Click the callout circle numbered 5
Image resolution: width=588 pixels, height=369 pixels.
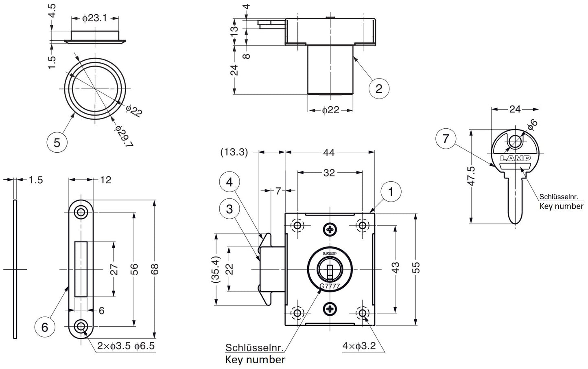click(57, 142)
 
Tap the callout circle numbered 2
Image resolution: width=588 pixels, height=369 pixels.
click(379, 88)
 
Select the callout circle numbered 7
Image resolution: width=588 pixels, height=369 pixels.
click(446, 139)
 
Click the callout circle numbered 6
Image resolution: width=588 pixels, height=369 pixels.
click(45, 327)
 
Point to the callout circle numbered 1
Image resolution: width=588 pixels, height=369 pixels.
click(391, 191)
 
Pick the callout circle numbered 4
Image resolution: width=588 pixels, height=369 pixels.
click(230, 182)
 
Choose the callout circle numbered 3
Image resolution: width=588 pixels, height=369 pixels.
click(230, 209)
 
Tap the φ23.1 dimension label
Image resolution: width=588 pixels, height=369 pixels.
click(94, 18)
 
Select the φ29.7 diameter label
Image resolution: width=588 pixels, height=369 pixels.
click(124, 136)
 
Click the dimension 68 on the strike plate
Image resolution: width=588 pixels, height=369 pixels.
click(155, 269)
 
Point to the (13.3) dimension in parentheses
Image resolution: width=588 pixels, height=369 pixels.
click(234, 152)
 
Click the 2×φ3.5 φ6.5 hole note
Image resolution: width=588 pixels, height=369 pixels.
click(126, 347)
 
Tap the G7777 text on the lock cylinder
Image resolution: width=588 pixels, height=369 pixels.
click(330, 286)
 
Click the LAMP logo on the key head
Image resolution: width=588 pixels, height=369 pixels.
click(515, 158)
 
